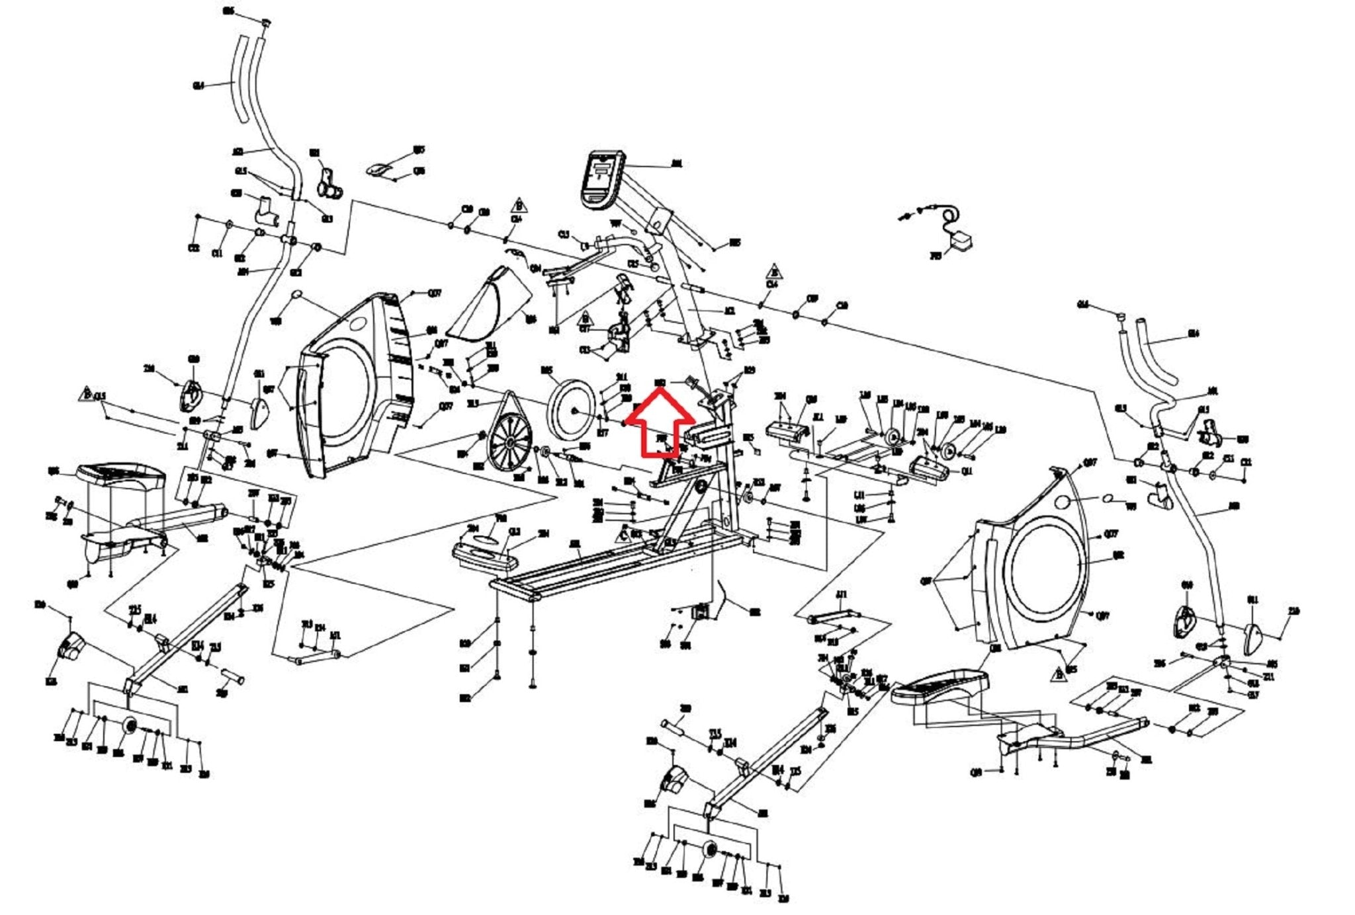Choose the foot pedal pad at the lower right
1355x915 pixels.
(940, 687)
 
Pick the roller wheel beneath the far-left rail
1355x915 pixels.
(129, 726)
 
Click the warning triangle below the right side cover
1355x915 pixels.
(1057, 675)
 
